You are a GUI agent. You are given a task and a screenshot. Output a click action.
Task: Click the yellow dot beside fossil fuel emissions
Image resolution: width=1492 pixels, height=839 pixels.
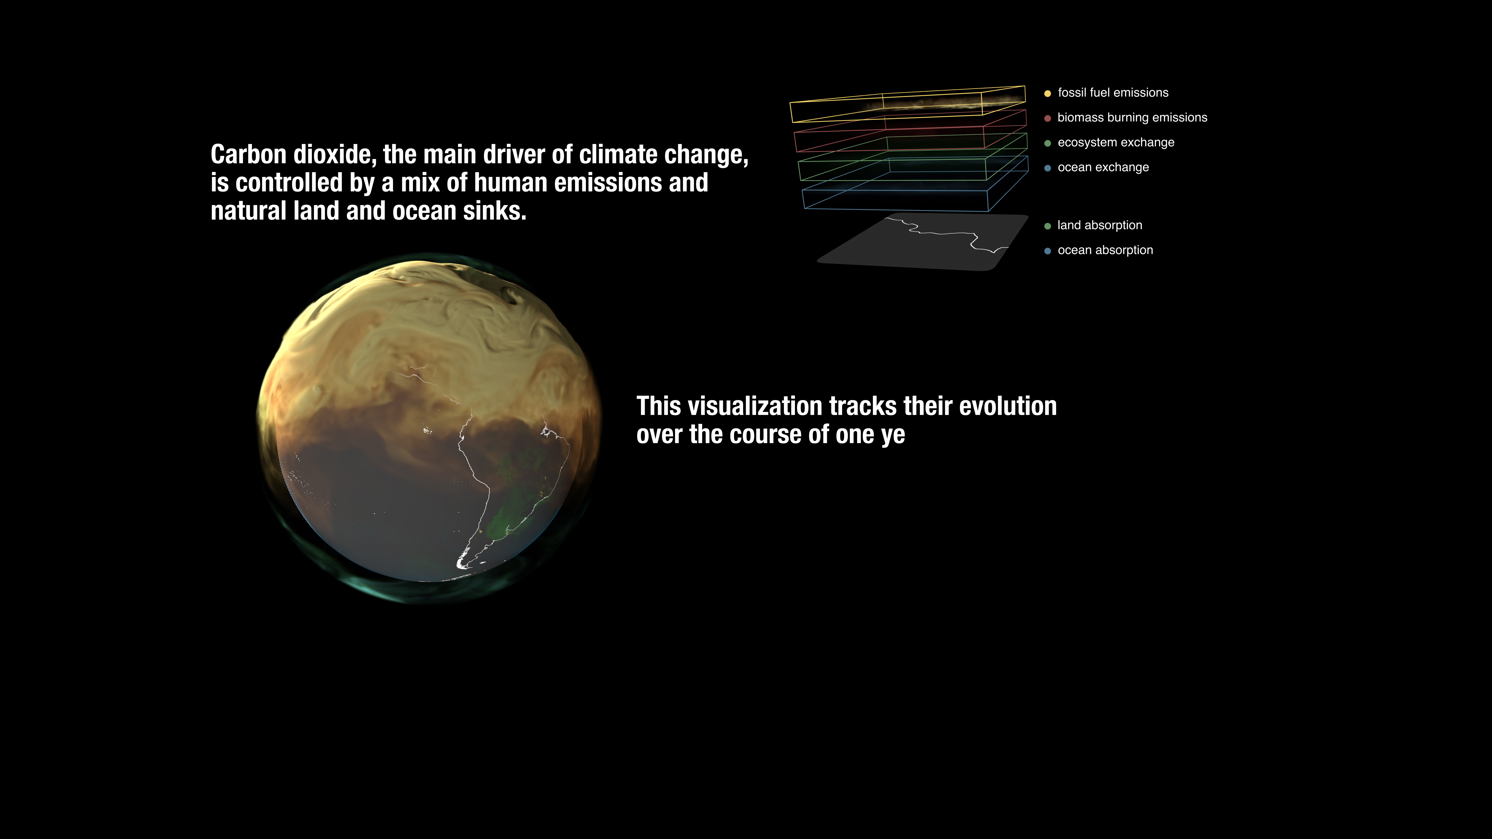pos(1047,93)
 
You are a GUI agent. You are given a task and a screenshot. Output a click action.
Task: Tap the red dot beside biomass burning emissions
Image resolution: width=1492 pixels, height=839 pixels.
pos(1047,118)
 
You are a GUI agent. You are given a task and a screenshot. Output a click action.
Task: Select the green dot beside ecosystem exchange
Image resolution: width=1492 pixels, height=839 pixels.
pos(1047,143)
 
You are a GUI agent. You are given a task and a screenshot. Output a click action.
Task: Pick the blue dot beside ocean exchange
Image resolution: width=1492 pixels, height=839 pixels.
pos(1047,168)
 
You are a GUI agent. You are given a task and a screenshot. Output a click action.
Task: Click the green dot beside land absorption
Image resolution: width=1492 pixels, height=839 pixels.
pos(1047,226)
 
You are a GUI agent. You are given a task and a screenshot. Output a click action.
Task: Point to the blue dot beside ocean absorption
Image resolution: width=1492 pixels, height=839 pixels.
pos(1047,251)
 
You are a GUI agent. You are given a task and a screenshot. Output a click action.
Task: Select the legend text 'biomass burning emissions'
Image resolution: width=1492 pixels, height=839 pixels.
pos(1132,118)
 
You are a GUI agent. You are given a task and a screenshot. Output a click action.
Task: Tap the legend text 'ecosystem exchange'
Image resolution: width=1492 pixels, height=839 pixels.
pos(1116,142)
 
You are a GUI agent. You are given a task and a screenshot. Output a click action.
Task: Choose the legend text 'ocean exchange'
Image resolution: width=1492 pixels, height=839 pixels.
pos(1103,167)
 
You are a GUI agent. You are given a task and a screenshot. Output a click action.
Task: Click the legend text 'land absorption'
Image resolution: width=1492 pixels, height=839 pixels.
pos(1100,225)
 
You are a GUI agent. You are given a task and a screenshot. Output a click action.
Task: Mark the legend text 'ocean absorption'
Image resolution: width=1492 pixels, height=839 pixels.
pos(1105,250)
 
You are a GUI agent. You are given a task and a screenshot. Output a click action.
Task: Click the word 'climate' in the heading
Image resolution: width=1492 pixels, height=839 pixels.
pos(618,155)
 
